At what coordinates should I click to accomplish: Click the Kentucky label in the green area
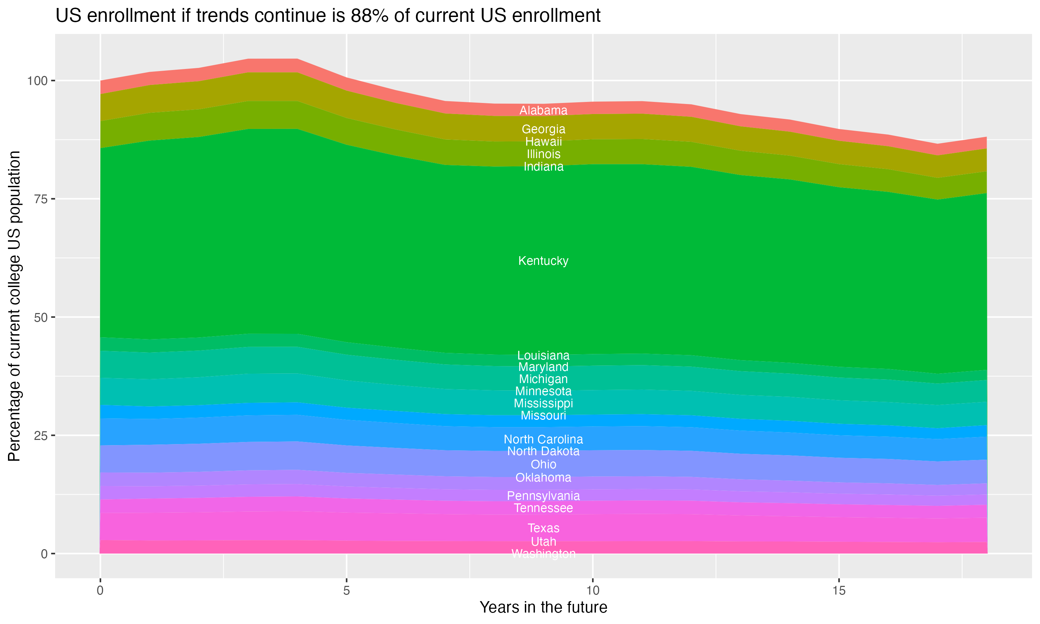(x=543, y=261)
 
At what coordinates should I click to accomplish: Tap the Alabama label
(x=543, y=111)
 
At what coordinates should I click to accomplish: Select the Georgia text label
(x=543, y=129)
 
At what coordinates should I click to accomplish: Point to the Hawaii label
(x=543, y=142)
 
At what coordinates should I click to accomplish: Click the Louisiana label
(x=543, y=355)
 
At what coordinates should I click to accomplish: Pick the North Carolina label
(x=543, y=440)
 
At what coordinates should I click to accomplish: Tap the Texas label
(x=543, y=528)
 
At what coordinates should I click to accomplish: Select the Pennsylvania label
(x=543, y=496)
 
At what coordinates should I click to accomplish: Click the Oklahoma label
(x=543, y=478)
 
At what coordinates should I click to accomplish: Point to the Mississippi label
(x=543, y=403)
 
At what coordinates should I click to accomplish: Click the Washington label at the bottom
(x=543, y=554)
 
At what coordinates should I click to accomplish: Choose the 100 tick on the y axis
(x=38, y=81)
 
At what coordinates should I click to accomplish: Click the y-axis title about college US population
(x=14, y=306)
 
